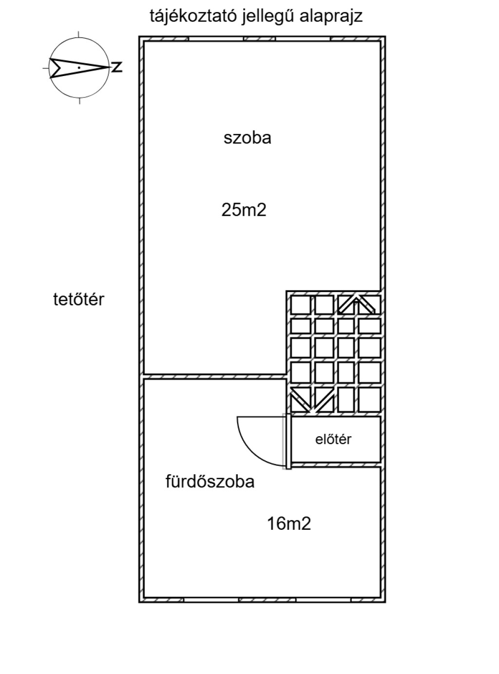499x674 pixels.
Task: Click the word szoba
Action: click(x=247, y=138)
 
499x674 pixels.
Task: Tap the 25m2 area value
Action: click(x=244, y=210)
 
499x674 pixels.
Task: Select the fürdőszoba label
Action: click(x=210, y=481)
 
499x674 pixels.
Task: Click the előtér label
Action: click(x=333, y=439)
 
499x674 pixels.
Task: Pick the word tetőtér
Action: click(x=79, y=299)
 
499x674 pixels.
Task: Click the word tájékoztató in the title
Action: click(x=193, y=17)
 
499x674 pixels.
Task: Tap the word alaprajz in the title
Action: click(x=331, y=17)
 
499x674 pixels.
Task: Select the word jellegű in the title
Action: click(x=269, y=17)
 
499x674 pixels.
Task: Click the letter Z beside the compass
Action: click(x=116, y=67)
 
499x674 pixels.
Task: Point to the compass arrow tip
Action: click(x=110, y=67)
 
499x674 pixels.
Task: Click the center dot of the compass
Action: click(x=79, y=67)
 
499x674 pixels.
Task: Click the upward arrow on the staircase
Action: click(x=356, y=305)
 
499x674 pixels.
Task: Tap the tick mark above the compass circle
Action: click(x=79, y=34)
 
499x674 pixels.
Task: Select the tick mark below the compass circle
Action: click(x=79, y=100)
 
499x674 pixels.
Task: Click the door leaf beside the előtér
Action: click(x=288, y=441)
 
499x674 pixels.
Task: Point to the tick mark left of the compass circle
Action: click(x=46, y=68)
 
